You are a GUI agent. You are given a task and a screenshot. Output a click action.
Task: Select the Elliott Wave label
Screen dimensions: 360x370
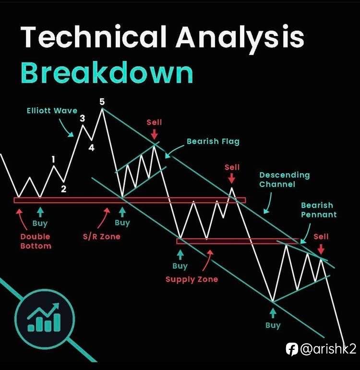[52, 111]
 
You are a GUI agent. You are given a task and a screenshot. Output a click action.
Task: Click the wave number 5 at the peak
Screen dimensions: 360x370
[102, 102]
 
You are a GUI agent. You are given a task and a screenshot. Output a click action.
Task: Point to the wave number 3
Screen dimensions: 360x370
[82, 118]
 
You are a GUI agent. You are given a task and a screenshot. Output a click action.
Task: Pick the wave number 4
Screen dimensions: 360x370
[91, 148]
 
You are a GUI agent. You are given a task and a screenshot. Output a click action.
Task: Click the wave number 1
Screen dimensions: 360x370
[53, 159]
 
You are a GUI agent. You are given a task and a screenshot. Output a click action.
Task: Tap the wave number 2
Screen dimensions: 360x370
[63, 189]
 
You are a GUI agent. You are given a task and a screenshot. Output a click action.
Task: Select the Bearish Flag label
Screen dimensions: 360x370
[213, 142]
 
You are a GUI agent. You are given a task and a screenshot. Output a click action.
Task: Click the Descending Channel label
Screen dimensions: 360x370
[285, 179]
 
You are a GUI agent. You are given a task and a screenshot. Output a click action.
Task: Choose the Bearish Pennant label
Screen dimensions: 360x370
[319, 210]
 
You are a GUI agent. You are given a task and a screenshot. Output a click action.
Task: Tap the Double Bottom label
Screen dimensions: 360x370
[36, 241]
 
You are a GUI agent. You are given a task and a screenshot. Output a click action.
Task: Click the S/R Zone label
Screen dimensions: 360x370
[101, 237]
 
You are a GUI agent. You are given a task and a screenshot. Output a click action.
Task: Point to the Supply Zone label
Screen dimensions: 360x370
[192, 279]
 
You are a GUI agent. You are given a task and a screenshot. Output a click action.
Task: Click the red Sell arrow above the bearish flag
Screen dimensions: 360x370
[154, 134]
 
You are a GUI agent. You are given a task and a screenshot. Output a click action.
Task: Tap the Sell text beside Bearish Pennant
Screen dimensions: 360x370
[321, 237]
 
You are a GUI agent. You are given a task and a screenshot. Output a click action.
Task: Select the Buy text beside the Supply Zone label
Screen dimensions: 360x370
[180, 266]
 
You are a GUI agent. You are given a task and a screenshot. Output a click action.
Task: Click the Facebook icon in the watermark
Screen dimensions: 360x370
[292, 349]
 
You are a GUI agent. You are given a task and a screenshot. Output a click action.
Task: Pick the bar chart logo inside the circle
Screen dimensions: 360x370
[44, 318]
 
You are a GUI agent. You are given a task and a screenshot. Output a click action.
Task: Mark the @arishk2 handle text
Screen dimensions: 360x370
[328, 349]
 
